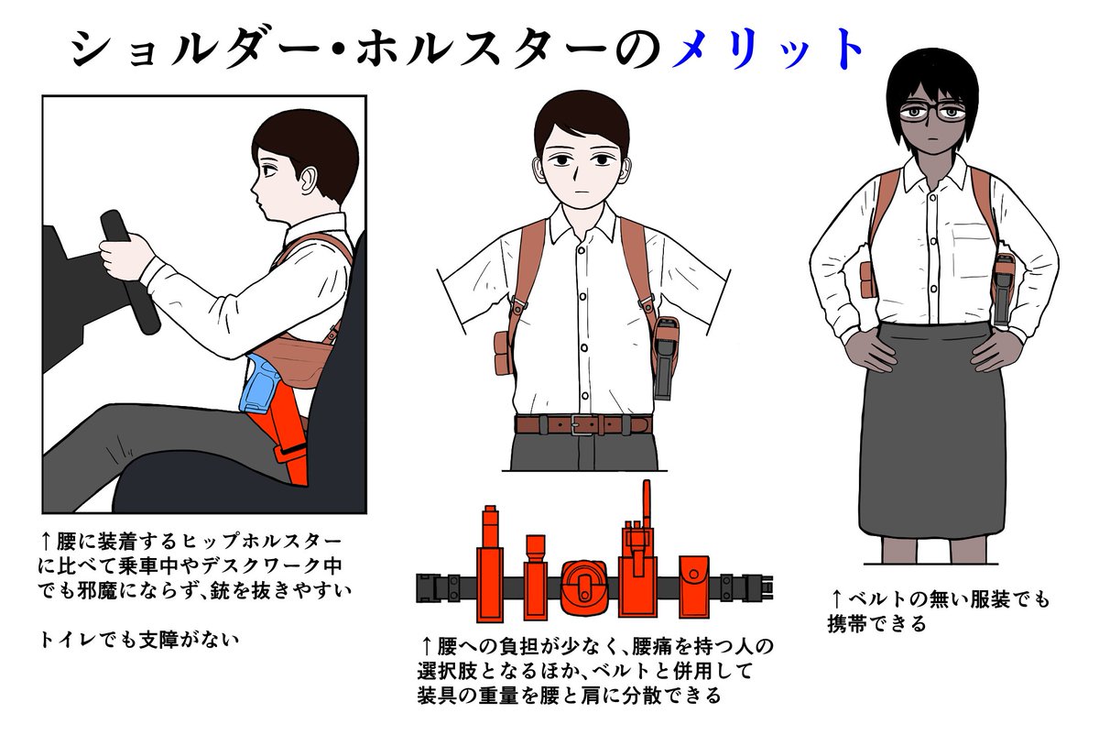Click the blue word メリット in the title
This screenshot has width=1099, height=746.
pos(768,49)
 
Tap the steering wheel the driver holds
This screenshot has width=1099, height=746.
pos(130,272)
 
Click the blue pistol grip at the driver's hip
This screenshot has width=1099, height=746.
pos(258,384)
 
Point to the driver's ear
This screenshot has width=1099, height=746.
pos(309,181)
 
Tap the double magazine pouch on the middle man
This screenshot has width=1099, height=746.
pos(504,353)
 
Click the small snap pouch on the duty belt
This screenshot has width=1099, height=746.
pos(694,587)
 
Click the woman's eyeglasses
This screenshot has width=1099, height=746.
pos(932,112)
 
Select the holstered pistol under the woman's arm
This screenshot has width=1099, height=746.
pos(1002,290)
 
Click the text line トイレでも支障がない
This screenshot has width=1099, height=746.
pos(139,640)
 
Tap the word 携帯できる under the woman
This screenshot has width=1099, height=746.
pos(876,624)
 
